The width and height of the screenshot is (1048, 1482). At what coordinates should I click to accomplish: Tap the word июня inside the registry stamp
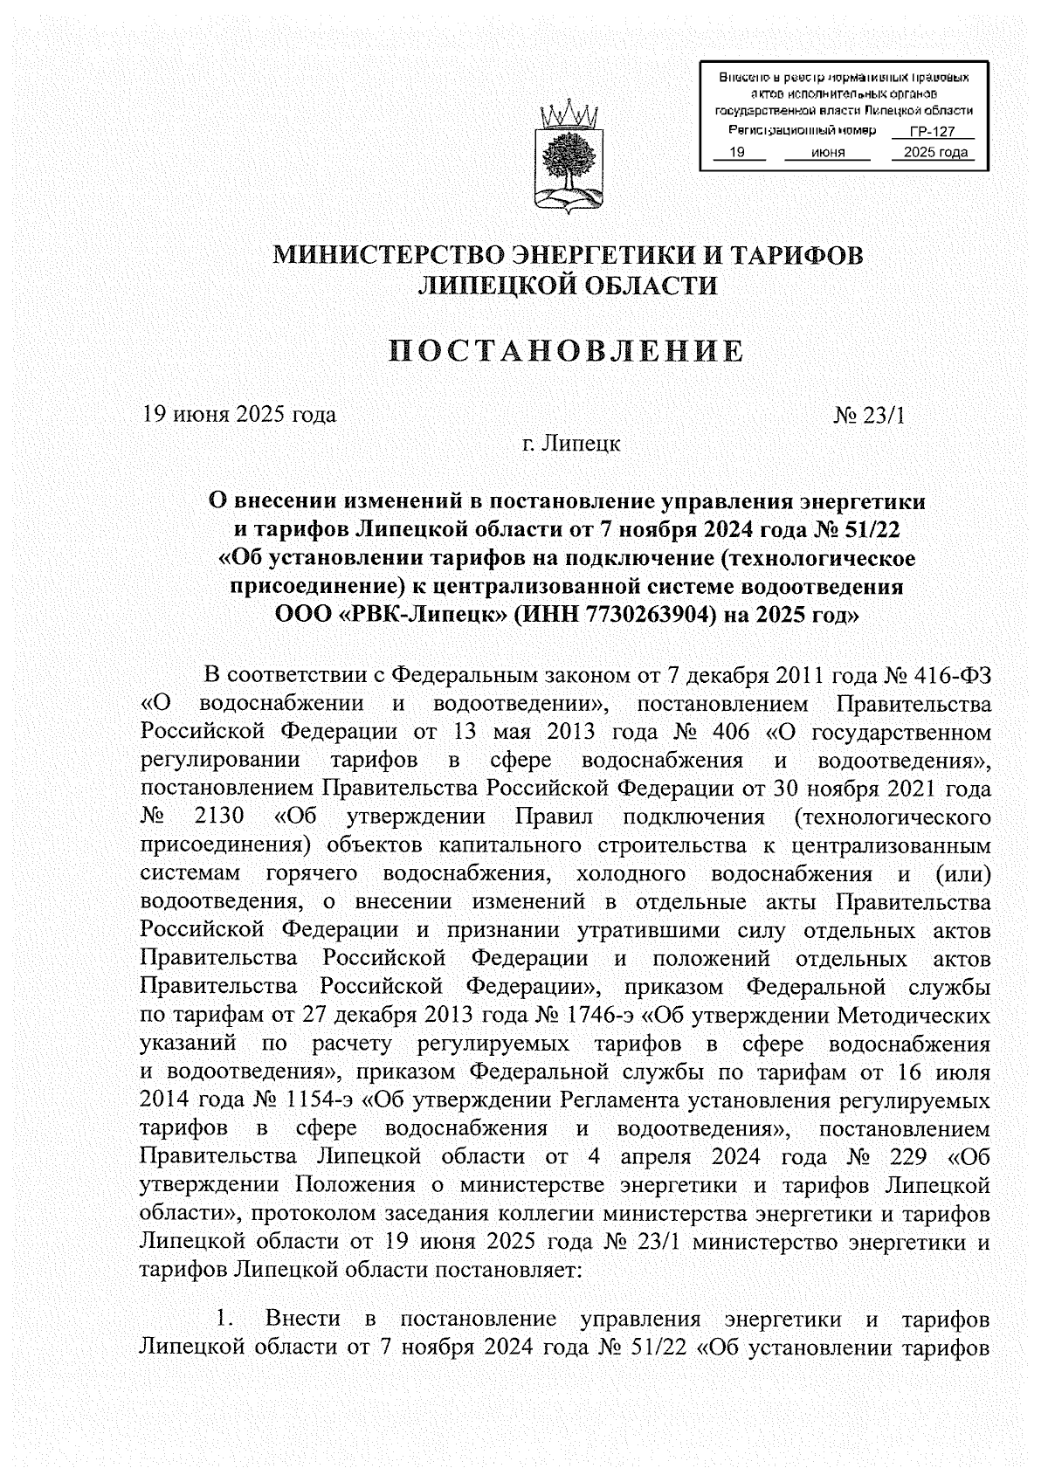pyautogui.click(x=827, y=152)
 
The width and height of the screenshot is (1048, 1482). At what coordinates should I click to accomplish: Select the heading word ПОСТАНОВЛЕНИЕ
pyautogui.click(x=567, y=352)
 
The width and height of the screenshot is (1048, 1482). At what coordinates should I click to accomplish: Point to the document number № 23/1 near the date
pyautogui.click(x=869, y=415)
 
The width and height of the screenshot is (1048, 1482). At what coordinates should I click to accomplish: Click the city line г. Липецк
pyautogui.click(x=570, y=444)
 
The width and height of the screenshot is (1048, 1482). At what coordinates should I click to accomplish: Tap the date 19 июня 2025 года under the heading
pyautogui.click(x=239, y=414)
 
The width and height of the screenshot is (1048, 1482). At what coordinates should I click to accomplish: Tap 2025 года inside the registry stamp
pyautogui.click(x=935, y=152)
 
